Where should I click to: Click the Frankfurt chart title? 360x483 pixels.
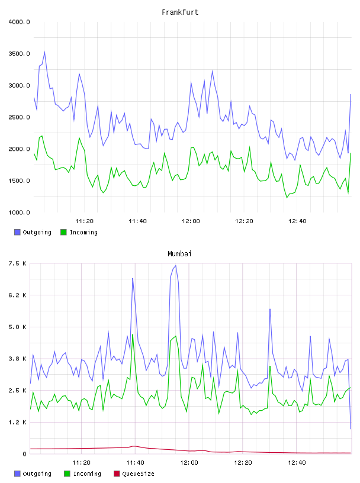point(180,12)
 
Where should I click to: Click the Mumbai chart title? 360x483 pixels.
point(179,253)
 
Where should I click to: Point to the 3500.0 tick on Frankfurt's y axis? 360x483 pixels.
point(19,54)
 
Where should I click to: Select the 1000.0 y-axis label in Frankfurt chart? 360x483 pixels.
point(19,212)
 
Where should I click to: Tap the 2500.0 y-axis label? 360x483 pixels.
point(19,117)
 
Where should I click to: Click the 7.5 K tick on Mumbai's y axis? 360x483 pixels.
point(17,263)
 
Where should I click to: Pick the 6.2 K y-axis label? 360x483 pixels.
point(17,295)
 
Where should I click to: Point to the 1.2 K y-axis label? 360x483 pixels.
point(17,422)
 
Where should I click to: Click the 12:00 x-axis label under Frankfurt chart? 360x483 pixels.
point(191,221)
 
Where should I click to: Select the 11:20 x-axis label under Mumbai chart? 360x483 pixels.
point(81,462)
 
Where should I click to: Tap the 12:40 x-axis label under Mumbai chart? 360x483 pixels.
point(297,462)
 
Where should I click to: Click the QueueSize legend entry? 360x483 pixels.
point(134,474)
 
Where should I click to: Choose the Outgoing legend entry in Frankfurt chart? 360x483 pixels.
point(33,232)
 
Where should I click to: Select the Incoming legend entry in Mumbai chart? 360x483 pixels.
point(83,474)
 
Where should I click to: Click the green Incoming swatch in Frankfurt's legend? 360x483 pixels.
point(63,232)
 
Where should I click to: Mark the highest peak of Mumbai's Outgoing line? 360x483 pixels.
point(176,265)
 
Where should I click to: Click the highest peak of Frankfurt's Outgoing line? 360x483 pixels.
point(44,51)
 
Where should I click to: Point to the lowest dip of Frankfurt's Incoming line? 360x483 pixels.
point(287,198)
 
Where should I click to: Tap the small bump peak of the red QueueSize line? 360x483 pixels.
point(134,446)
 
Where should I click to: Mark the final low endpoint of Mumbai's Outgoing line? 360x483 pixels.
point(351,429)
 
